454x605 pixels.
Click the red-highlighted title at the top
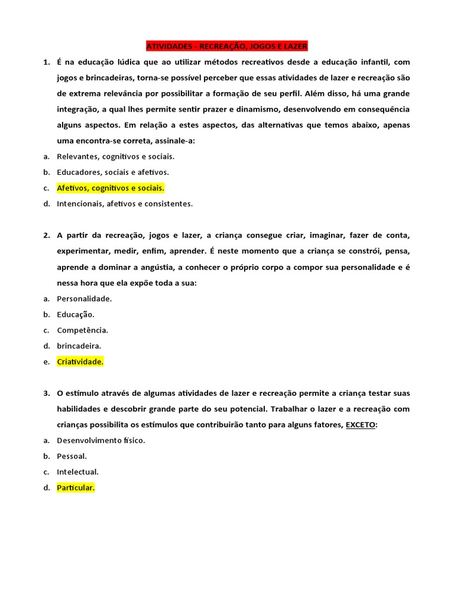(227, 46)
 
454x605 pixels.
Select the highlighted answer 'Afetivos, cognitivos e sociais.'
(111, 188)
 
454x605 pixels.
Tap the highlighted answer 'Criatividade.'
(80, 362)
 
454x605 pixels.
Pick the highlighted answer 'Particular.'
(76, 487)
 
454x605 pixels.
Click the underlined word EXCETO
(360, 425)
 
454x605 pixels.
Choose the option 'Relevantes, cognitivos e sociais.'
(115, 157)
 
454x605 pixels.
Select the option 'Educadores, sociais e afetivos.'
(113, 173)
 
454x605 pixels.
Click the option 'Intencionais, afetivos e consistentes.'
(125, 204)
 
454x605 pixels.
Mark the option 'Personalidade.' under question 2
(84, 299)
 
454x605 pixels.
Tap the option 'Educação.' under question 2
(76, 314)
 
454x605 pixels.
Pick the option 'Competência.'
(82, 330)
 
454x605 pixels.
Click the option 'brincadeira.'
(79, 346)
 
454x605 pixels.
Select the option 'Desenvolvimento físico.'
(101, 440)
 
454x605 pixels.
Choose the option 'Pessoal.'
(72, 456)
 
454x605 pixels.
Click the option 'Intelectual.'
(77, 472)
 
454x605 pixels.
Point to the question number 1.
(46, 62)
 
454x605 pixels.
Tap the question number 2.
(46, 235)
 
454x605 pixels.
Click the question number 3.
(46, 393)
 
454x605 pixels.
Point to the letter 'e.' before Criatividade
(46, 362)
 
